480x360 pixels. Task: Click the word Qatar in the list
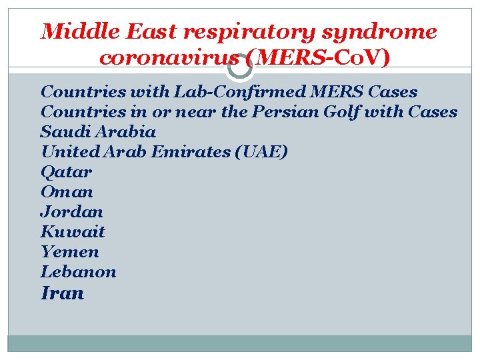tap(66, 172)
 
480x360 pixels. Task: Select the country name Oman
tap(67, 192)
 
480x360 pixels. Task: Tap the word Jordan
tap(71, 212)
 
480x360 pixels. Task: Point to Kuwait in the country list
tap(73, 232)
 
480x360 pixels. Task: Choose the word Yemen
tap(69, 252)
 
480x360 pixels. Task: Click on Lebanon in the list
tap(78, 272)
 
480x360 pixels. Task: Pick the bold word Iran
tap(62, 293)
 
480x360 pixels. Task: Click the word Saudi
tap(61, 132)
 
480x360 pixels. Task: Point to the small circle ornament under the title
tap(240, 67)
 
